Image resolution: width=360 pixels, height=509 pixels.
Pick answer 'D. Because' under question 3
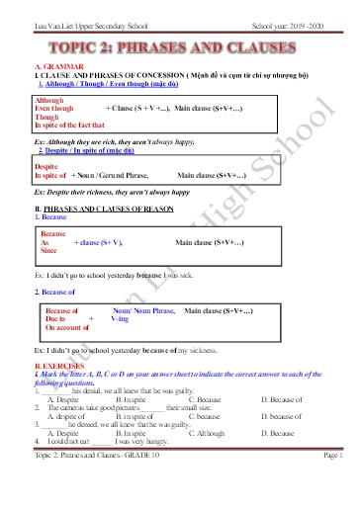point(279,433)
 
